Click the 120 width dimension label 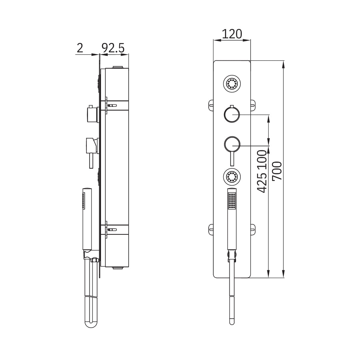click(x=232, y=34)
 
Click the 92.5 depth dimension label click(x=113, y=48)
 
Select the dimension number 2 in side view click(x=80, y=48)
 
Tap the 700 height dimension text click(x=277, y=171)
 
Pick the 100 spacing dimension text click(x=262, y=160)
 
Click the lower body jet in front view click(x=232, y=176)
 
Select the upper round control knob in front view click(x=232, y=114)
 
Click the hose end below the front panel click(x=232, y=322)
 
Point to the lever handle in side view click(x=90, y=160)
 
